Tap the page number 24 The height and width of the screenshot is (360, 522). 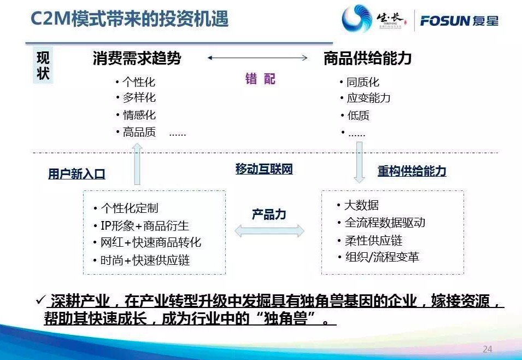[488, 349]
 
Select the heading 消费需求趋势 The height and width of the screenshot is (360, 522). [137, 59]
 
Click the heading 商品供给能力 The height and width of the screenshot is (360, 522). [367, 59]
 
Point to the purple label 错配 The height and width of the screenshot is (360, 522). [260, 79]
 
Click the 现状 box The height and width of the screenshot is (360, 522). [43, 66]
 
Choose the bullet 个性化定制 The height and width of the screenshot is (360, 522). [130, 208]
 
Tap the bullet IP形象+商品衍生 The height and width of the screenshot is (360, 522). [144, 225]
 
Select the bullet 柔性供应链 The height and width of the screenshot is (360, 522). [369, 240]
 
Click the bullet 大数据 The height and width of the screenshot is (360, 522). [361, 205]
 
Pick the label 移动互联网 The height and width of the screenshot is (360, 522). [264, 169]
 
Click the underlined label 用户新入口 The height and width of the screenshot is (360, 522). [77, 174]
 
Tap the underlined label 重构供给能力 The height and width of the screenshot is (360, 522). [412, 171]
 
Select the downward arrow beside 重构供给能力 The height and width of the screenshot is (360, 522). [359, 161]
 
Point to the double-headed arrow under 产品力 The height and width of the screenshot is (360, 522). [269, 231]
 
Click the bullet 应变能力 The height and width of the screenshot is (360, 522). [368, 98]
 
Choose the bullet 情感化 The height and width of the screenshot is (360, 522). [139, 115]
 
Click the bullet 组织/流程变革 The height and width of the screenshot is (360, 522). [382, 257]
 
